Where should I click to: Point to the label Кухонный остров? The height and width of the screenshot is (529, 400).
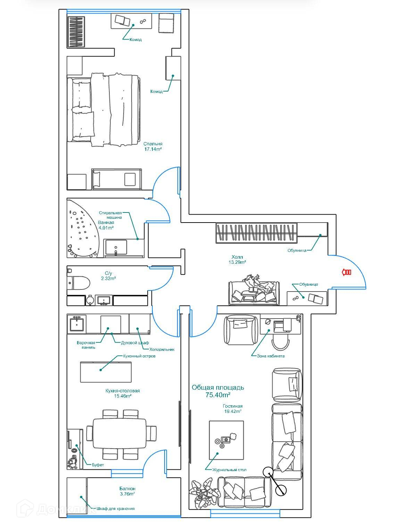139,356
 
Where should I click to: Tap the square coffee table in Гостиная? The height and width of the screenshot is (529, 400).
226,439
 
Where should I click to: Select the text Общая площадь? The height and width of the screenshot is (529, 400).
218,388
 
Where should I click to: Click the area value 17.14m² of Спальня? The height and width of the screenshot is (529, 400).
153,149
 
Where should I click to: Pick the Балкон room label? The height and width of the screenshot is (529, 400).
127,489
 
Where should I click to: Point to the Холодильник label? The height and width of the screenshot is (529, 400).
161,349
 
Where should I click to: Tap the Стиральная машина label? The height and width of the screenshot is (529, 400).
110,215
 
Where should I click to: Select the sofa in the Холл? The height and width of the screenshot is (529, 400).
254,293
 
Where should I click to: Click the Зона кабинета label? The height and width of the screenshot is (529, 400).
270,356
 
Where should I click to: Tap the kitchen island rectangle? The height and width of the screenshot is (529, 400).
106,372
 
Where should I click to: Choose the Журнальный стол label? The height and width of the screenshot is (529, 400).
230,470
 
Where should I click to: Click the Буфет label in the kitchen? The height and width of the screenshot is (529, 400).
98,465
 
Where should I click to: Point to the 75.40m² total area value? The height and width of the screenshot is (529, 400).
218,395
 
